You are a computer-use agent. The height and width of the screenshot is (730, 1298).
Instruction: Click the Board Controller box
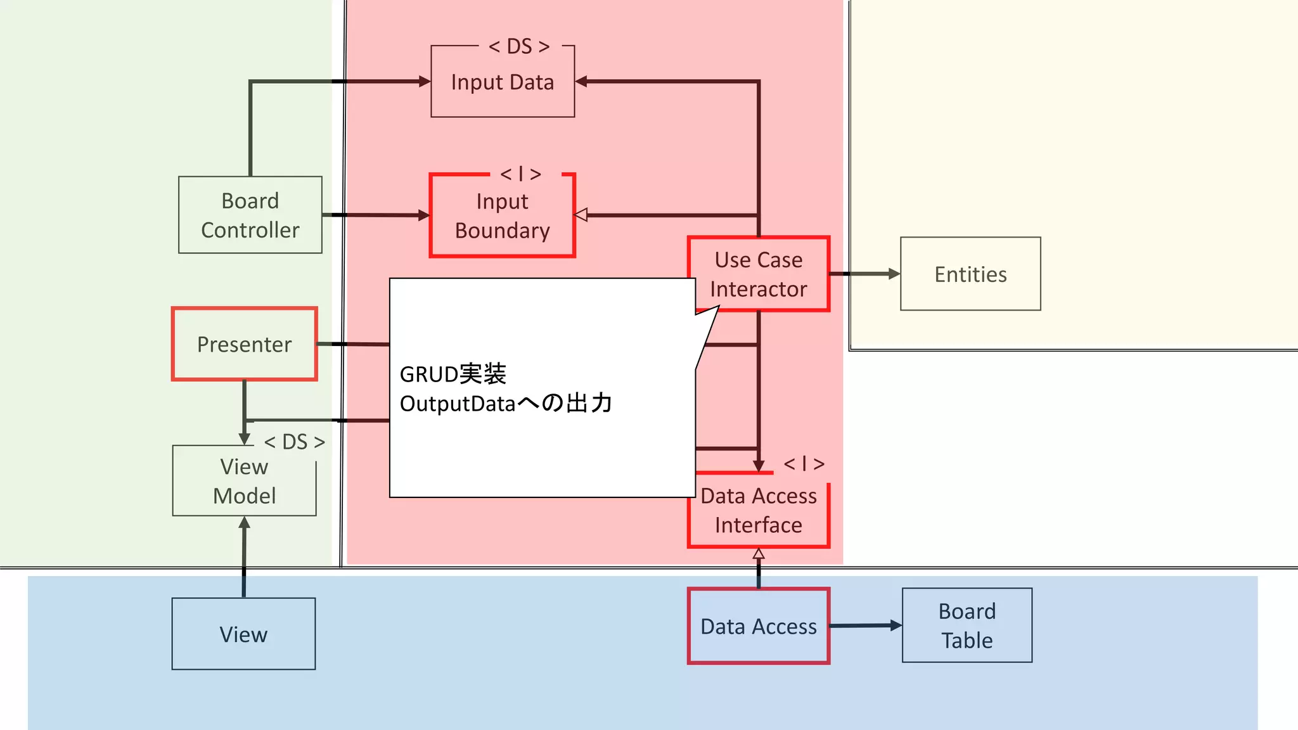point(250,215)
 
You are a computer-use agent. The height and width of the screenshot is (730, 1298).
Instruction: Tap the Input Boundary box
point(503,216)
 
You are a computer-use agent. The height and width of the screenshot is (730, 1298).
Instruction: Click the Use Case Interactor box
point(759,274)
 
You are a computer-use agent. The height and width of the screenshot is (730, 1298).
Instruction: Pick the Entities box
point(970,274)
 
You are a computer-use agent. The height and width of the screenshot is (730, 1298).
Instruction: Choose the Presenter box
point(245,344)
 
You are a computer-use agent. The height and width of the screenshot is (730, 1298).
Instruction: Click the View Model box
point(245,481)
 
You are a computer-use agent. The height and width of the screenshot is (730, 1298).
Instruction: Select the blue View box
point(243,634)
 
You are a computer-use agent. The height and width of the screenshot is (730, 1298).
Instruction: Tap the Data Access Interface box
point(759,511)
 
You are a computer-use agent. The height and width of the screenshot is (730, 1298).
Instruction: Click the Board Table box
point(967,625)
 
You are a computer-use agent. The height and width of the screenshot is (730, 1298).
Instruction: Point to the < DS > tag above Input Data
point(519,46)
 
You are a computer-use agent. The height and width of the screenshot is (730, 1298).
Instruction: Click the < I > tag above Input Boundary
point(521,174)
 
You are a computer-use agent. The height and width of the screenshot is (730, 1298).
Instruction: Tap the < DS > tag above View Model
point(295,442)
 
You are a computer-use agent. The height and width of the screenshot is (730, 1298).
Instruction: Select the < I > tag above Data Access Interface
point(804,464)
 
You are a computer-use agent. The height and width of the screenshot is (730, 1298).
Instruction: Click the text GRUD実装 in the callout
point(453,374)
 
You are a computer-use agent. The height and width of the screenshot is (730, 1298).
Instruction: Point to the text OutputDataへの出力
point(506,403)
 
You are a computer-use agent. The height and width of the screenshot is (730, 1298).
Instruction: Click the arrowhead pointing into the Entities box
point(894,274)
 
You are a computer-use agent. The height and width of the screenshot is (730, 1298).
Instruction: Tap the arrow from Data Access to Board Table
point(866,625)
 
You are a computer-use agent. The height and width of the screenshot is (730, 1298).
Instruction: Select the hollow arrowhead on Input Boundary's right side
point(581,215)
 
